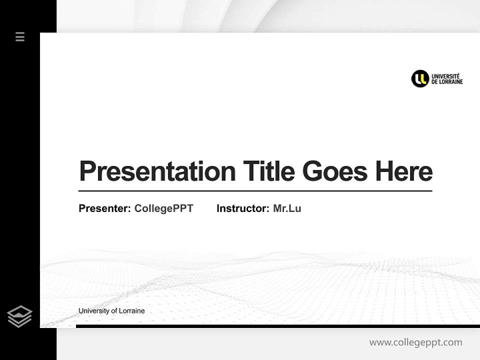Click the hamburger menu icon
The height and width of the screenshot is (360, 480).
tap(20, 36)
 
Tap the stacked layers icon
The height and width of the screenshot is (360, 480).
tap(19, 316)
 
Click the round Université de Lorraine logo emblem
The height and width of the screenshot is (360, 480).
tap(420, 78)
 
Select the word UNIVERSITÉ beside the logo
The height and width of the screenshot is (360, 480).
tap(446, 75)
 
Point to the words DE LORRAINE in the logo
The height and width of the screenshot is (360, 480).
tap(447, 82)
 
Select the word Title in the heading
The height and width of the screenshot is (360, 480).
tap(269, 171)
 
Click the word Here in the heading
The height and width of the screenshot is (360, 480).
tap(404, 171)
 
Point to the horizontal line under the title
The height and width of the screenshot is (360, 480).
tap(255, 190)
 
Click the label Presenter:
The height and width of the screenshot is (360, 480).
tap(105, 208)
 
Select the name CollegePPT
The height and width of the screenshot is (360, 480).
tap(164, 208)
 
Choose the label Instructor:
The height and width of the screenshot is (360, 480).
tap(243, 208)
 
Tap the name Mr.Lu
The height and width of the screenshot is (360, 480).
tap(287, 208)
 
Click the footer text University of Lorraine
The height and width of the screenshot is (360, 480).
tap(111, 311)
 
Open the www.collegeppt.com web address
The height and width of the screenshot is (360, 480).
tap(415, 342)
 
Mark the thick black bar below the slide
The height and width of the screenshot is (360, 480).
tap(277, 326)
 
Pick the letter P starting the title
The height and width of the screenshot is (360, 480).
tap(87, 171)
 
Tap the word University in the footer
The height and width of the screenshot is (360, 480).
tap(93, 311)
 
